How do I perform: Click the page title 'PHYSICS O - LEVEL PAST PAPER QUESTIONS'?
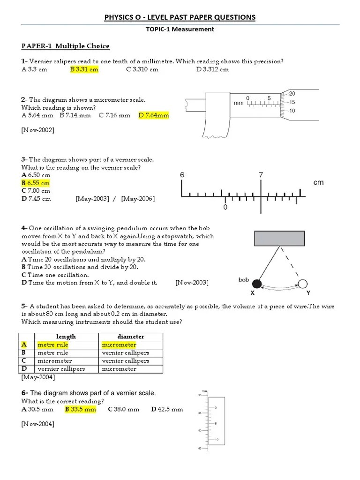click(180, 17)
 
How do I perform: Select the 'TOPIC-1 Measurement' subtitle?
click(180, 29)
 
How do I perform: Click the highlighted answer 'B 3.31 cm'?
click(84, 69)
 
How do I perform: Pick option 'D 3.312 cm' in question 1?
click(212, 69)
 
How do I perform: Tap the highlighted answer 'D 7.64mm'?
click(154, 115)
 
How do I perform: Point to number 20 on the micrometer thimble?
click(292, 93)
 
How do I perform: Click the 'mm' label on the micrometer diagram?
click(239, 103)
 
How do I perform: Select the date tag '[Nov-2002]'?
click(38, 130)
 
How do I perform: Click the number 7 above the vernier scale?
click(261, 175)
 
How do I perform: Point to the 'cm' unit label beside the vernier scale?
click(319, 182)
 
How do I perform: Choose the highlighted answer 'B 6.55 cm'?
click(36, 183)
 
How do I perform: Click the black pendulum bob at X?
click(256, 283)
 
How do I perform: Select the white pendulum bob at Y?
click(302, 283)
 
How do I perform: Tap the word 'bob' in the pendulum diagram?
click(243, 280)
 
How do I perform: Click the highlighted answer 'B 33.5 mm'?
click(80, 409)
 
